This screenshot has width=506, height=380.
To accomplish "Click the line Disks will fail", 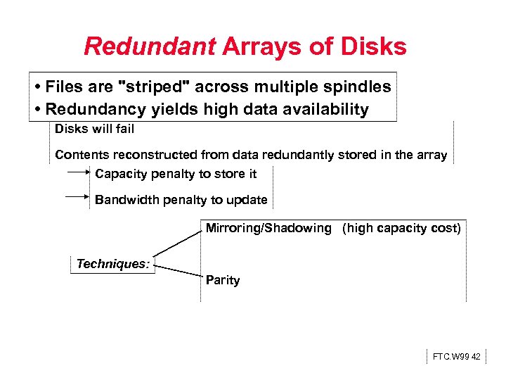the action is pos(94,129).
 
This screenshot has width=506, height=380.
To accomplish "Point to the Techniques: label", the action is pos(112,264).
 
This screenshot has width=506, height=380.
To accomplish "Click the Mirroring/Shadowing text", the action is pos(268,228).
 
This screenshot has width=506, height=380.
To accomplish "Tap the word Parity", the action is pos(223,280).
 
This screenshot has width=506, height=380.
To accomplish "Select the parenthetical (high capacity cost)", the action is pos(401,228).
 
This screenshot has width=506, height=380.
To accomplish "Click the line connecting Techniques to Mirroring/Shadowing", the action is pos(178,243).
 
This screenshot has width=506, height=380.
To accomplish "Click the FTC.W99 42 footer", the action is pos(456,357).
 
